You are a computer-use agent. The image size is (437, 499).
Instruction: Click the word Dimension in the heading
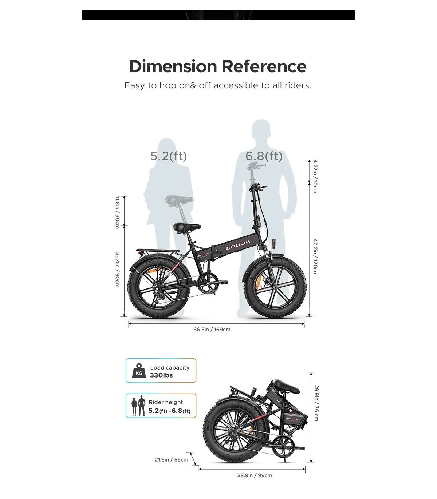tap(173, 66)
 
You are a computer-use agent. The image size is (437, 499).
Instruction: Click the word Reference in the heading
tap(264, 66)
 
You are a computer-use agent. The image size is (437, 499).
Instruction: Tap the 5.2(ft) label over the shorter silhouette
tap(169, 156)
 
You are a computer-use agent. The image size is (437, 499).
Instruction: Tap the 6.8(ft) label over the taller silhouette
tap(264, 156)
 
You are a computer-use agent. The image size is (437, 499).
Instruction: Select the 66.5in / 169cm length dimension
tap(212, 330)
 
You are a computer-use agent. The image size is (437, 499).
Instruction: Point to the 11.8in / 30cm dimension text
tap(117, 212)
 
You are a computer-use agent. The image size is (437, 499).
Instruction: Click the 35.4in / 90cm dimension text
tap(117, 270)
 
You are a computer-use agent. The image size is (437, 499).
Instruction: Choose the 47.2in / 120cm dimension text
tap(315, 257)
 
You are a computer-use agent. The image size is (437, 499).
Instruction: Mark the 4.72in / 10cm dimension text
tap(315, 176)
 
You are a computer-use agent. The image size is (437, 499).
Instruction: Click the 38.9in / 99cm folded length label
tap(255, 475)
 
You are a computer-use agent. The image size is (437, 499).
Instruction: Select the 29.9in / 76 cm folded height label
tap(316, 403)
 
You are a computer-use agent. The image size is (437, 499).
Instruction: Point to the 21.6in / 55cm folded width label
tap(172, 460)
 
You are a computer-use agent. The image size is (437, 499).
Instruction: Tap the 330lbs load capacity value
tap(161, 375)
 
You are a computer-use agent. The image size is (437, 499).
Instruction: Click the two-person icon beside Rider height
tap(138, 406)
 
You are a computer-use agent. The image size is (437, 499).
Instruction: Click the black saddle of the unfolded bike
tap(187, 228)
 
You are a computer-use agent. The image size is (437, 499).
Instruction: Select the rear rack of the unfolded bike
tap(158, 251)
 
